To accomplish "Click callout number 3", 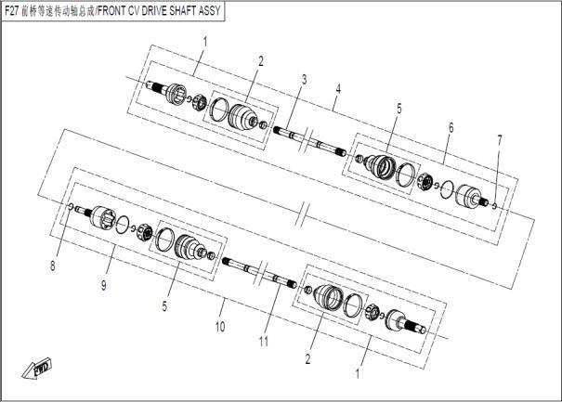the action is click(x=304, y=79).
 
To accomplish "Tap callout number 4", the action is click(x=338, y=89).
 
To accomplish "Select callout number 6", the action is click(x=451, y=127).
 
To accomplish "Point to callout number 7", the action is click(x=499, y=139).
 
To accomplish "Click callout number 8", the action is click(x=53, y=266).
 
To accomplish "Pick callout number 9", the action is click(x=104, y=285).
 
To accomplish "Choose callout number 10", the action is click(x=220, y=327).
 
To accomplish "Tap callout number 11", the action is click(x=264, y=342).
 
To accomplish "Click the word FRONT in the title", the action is click(x=111, y=11).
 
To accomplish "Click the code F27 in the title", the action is click(x=12, y=11).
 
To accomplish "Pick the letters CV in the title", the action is click(x=134, y=11).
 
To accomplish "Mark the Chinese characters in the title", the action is click(x=58, y=11).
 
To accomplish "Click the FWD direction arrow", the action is click(x=36, y=368).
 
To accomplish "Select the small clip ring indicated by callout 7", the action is click(x=494, y=206).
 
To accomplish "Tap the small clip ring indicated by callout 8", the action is click(x=71, y=206).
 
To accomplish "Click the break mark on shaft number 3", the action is click(x=305, y=140).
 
